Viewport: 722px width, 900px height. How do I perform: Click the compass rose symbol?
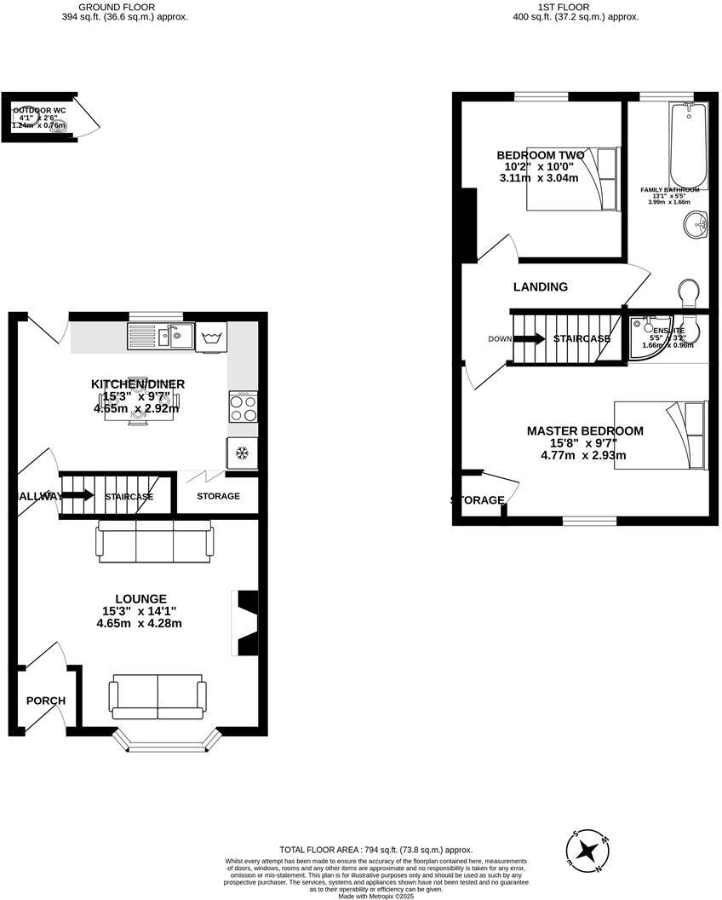pos(587,850)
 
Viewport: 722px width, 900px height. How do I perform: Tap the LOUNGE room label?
pos(141,599)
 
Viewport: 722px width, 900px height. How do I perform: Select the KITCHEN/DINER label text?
pos(138,385)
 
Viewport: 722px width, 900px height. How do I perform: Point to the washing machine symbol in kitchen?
pos(211,337)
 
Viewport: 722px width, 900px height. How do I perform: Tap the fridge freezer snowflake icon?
pos(242,452)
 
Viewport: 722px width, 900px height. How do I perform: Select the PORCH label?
pos(46,701)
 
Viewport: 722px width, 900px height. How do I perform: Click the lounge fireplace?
pos(247,623)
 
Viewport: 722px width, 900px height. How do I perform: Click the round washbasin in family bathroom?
pos(696,226)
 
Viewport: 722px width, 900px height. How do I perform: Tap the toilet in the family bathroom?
pos(690,293)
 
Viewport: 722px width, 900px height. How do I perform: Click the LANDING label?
pos(540,287)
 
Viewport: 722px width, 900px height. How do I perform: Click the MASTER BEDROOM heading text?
pos(584,431)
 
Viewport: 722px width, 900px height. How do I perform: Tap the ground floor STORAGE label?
pos(218,496)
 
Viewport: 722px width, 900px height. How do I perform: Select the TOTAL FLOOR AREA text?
pos(375,850)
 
